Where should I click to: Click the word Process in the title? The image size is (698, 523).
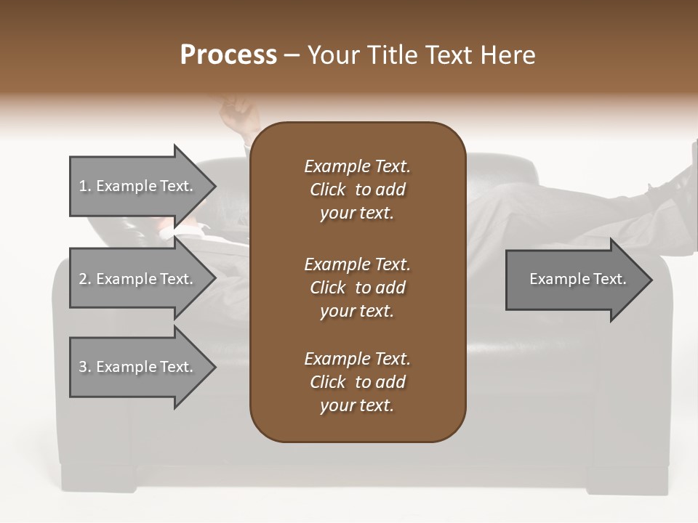tap(228, 55)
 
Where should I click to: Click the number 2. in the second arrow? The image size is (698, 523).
tap(85, 279)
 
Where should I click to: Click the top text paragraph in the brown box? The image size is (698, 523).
tap(357, 190)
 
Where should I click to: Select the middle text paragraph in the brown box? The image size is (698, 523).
tap(357, 287)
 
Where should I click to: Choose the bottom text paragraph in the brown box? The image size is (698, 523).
tap(357, 382)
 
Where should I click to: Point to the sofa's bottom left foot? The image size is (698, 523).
tap(98, 476)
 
